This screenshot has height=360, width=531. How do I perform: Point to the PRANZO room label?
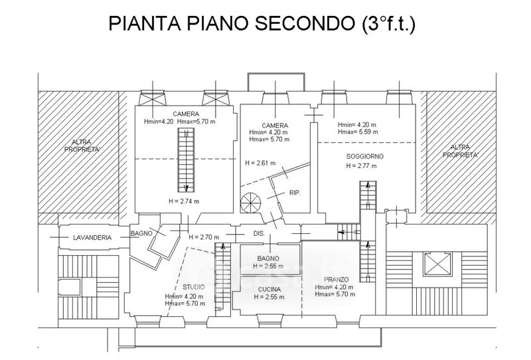(x=337, y=279)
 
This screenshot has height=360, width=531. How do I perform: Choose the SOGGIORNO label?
(x=364, y=157)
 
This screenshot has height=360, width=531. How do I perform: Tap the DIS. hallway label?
(x=260, y=234)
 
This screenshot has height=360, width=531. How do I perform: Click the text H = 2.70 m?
(x=204, y=237)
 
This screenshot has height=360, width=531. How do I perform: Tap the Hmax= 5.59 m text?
(x=358, y=132)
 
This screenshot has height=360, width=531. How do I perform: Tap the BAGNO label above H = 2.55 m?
(x=268, y=258)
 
